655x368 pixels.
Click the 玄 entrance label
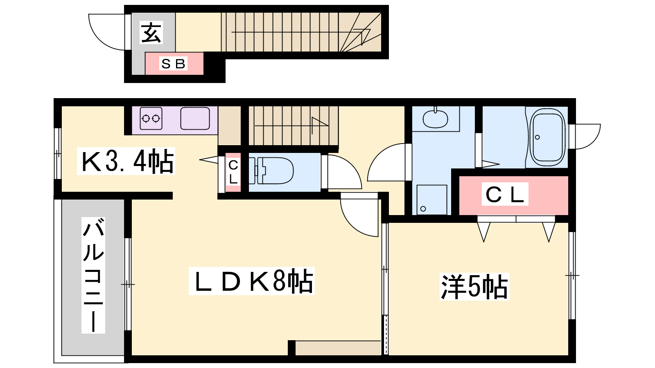pos(151,33)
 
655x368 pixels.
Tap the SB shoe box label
pos(173,64)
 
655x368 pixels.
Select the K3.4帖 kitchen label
pos(126,161)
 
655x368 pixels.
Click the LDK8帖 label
pos(251,281)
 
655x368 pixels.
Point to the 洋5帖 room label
pos(474,287)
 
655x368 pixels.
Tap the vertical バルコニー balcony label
pos(93,275)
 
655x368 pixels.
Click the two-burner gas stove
pos(151,119)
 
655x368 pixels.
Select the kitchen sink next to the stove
pos(195,119)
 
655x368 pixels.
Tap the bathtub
pos(547,137)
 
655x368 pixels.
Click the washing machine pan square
pos(432,200)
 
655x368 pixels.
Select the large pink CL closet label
pos(505,194)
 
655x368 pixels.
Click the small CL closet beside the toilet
pos(233,172)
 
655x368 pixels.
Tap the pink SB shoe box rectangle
pos(174,64)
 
